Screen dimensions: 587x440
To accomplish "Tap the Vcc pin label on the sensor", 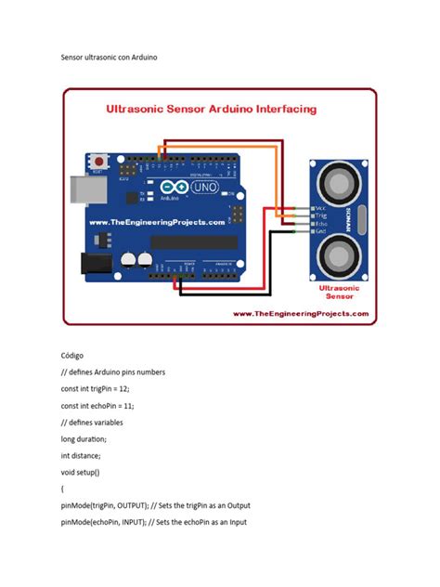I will [320, 207].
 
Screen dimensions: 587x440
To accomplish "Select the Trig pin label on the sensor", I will [320, 215].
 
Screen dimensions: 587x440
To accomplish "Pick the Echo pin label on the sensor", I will [320, 224].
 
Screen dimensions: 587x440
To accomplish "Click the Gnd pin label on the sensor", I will [320, 232].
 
